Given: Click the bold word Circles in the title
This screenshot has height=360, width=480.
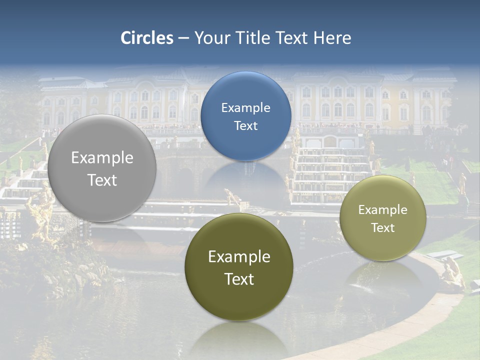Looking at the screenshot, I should coord(146,38).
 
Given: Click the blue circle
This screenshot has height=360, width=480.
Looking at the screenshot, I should coord(245,116).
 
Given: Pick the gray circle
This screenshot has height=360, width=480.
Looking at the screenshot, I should coord(102,168).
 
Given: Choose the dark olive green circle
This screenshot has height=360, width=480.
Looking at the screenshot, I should coord(239,267).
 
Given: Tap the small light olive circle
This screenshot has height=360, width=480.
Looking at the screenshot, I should coord(383,218).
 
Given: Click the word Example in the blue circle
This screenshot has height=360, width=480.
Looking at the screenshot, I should coord(245,107).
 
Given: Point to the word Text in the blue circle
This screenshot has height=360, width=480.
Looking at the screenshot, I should coord(245,125).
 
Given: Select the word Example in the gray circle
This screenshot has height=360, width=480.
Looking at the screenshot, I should coord(102,158).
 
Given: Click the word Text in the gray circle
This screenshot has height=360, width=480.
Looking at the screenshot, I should coord(102,180).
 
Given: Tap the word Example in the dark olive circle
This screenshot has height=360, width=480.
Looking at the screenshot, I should coord(239,257).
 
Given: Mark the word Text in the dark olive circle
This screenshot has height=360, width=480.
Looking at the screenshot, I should coord(239,279).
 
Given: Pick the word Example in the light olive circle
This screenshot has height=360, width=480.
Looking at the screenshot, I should coord(383,210).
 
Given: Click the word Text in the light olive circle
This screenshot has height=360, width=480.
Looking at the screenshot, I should coord(383,228).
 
